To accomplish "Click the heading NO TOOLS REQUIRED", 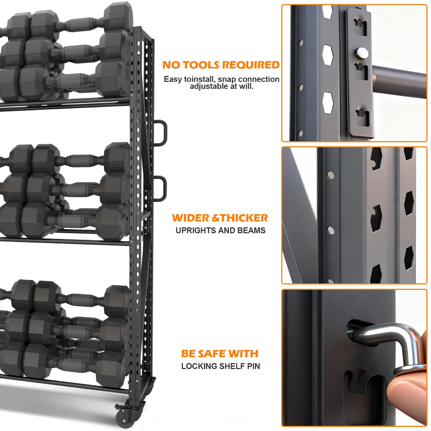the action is click(221, 65).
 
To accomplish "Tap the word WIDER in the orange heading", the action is click(191, 218).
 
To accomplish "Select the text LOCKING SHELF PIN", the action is click(221, 366).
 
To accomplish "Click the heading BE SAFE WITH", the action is click(220, 353).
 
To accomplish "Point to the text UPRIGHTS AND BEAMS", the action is click(220, 230).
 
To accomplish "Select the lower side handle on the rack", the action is click(161, 188).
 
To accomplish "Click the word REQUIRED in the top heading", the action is click(251, 65).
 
